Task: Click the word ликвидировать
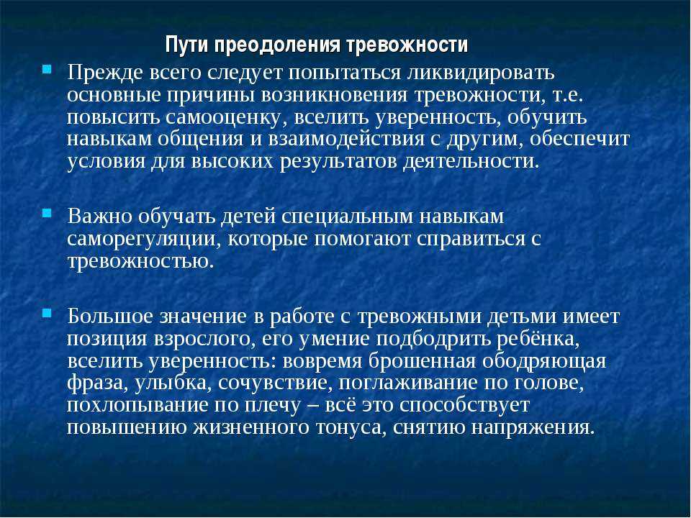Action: [481, 73]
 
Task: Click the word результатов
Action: [338, 162]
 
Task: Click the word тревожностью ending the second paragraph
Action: [140, 262]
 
